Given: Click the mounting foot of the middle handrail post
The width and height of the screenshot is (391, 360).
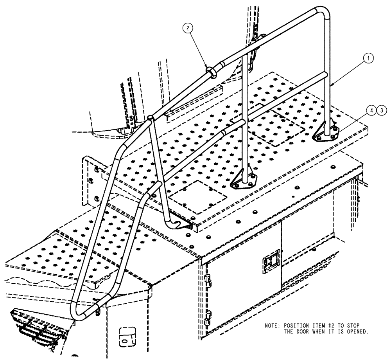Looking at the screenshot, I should coord(245,181).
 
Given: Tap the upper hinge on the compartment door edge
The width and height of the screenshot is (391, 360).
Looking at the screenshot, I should coord(207,280).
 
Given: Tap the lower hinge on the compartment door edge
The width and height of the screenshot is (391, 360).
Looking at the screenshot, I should coord(208,315).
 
